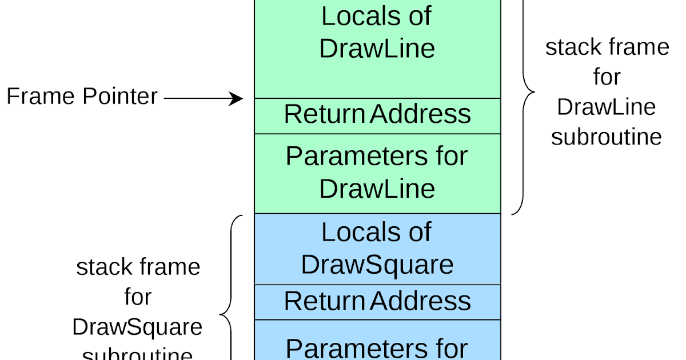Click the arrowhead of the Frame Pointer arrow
click(237, 98)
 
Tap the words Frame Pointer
click(82, 97)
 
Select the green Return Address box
click(377, 115)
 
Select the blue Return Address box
click(377, 302)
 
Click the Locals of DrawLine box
click(377, 49)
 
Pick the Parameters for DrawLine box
click(377, 173)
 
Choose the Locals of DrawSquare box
click(377, 249)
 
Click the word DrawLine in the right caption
click(607, 107)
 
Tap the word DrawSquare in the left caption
click(137, 327)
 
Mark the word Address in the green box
click(420, 114)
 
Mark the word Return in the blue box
click(324, 301)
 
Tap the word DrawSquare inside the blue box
click(377, 265)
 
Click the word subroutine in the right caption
click(607, 137)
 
